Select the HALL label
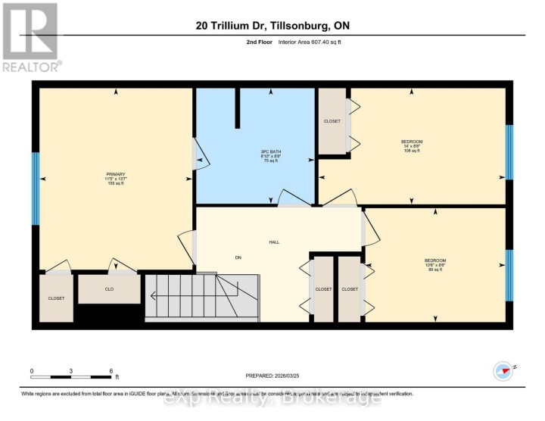pos(274,242)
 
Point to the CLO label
pos(109,288)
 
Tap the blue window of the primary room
pos(36,189)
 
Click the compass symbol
pos(503,370)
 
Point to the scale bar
pos(71,376)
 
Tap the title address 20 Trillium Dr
pos(272,27)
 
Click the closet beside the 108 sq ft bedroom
pos(332,121)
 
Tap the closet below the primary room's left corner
pos(57,298)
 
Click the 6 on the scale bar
pos(111,371)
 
